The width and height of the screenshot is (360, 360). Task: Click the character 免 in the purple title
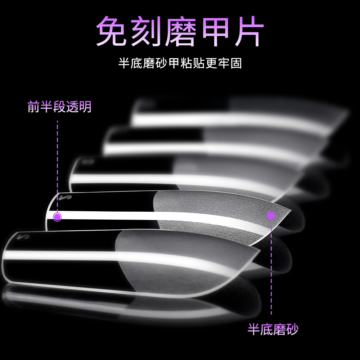click(x=111, y=31)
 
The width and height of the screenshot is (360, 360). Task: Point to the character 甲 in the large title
click(x=215, y=31)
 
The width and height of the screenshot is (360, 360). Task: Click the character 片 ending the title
click(x=249, y=31)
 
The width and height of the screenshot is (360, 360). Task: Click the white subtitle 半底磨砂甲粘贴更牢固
click(x=180, y=63)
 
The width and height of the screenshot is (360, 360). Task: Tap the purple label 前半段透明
click(x=59, y=107)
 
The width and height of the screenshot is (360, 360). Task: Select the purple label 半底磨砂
click(x=273, y=329)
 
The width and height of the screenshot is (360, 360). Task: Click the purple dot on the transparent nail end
click(x=57, y=217)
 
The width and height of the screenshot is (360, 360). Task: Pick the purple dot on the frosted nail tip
click(x=271, y=215)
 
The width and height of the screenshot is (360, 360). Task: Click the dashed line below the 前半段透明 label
click(x=57, y=166)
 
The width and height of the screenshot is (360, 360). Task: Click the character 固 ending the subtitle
click(x=236, y=63)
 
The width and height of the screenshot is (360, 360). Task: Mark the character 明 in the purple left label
click(x=85, y=107)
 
